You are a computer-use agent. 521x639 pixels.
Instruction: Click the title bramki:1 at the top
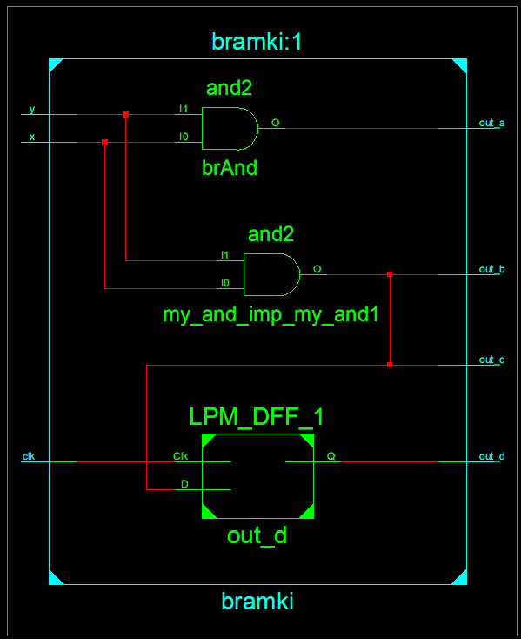click(257, 42)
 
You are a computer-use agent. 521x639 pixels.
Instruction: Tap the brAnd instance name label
click(230, 167)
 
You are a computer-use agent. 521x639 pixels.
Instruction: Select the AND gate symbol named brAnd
click(230, 128)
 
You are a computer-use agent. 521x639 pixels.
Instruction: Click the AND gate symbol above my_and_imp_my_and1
click(271, 274)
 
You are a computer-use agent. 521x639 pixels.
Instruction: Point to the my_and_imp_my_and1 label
click(271, 315)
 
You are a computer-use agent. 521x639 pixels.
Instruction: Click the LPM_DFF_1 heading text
click(257, 417)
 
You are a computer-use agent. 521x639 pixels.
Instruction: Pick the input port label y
click(32, 109)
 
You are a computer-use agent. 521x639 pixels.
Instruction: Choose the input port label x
click(32, 137)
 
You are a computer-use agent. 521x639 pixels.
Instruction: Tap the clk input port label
click(29, 456)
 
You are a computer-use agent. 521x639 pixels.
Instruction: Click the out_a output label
click(491, 123)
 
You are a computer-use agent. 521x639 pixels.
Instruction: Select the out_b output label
click(491, 269)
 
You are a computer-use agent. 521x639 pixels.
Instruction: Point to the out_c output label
click(491, 360)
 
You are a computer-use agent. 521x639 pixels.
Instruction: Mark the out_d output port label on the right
click(491, 456)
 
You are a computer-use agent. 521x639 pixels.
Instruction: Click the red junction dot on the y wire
click(126, 115)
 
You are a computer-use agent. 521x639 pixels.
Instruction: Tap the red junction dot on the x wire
click(105, 142)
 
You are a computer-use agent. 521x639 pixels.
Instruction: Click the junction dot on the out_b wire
click(390, 274)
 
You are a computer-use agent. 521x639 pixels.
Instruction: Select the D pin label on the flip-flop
click(184, 484)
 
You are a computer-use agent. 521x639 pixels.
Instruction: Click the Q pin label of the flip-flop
click(331, 456)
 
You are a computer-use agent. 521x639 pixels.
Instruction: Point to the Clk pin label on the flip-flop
click(180, 456)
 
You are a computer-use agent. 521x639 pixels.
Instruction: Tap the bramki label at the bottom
click(257, 602)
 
